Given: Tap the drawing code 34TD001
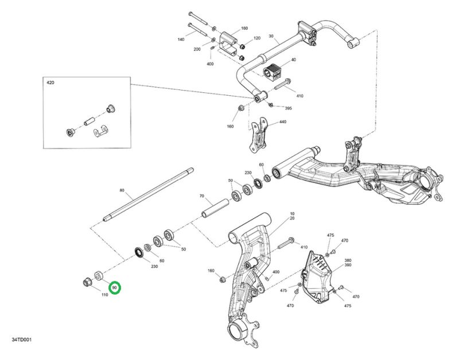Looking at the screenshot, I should point(22,340).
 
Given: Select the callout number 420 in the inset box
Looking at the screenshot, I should point(50,83).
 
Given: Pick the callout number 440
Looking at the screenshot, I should point(282,122).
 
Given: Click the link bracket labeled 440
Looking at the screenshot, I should point(259,135).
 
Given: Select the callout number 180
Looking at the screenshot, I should point(244,28).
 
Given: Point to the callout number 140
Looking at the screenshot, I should point(181,39).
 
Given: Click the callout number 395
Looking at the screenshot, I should point(288,108).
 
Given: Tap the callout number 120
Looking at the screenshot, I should point(256,38).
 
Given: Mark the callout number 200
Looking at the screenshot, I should point(197,49).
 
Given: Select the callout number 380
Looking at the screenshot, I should point(348,260).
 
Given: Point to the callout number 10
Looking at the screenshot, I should point(292,213).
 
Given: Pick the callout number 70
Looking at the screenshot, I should point(202,196).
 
